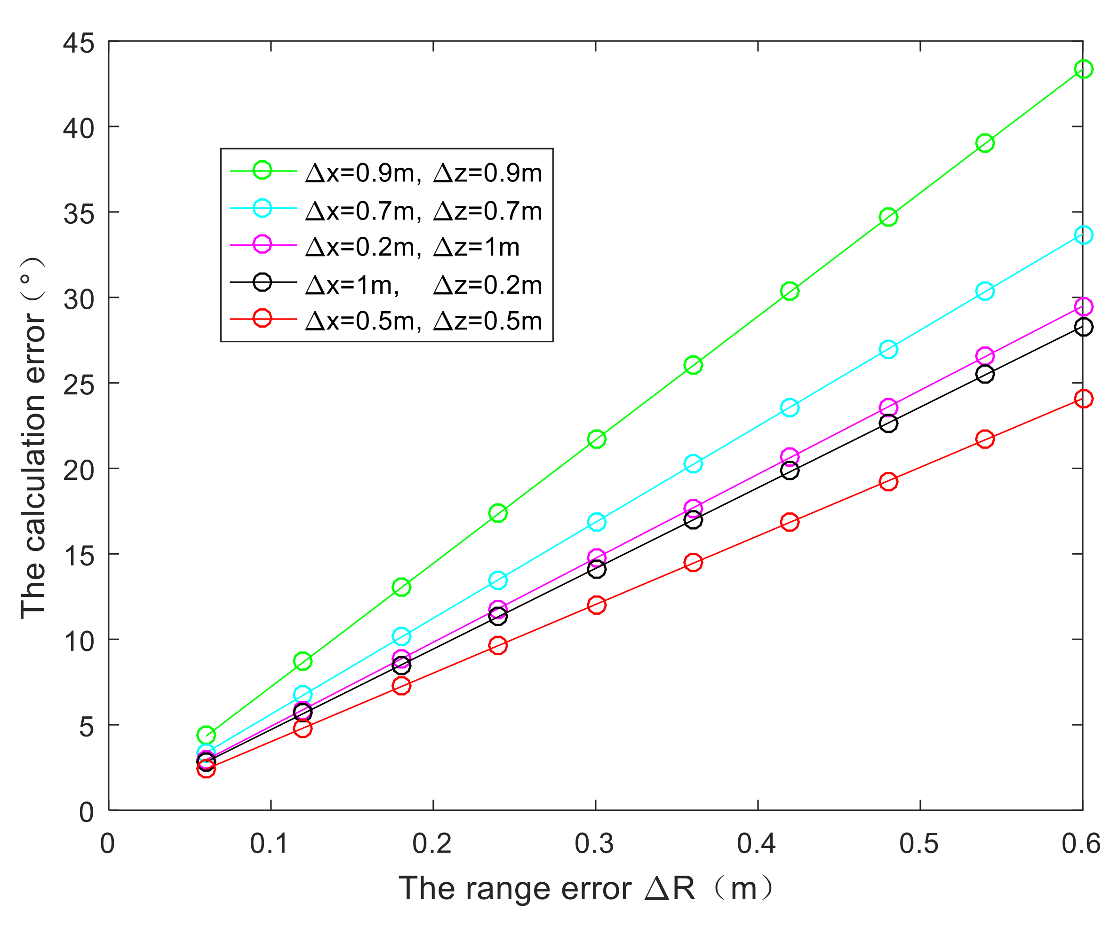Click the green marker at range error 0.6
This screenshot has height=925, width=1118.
click(1083, 69)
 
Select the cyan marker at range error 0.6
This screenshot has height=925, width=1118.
click(1083, 235)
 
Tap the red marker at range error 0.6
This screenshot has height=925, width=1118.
click(1083, 399)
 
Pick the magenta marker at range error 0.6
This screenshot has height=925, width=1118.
click(1083, 306)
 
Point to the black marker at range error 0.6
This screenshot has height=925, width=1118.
click(1083, 327)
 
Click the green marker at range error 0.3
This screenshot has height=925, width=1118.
click(596, 439)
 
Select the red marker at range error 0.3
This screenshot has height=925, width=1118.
click(596, 605)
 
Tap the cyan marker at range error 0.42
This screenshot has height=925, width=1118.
click(790, 408)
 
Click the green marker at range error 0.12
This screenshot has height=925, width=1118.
click(303, 661)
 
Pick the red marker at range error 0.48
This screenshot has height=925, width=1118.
click(888, 481)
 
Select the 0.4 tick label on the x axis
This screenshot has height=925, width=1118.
click(757, 844)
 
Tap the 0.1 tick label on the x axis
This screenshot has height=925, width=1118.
click(270, 844)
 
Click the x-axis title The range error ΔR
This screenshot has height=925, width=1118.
click(586, 888)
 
